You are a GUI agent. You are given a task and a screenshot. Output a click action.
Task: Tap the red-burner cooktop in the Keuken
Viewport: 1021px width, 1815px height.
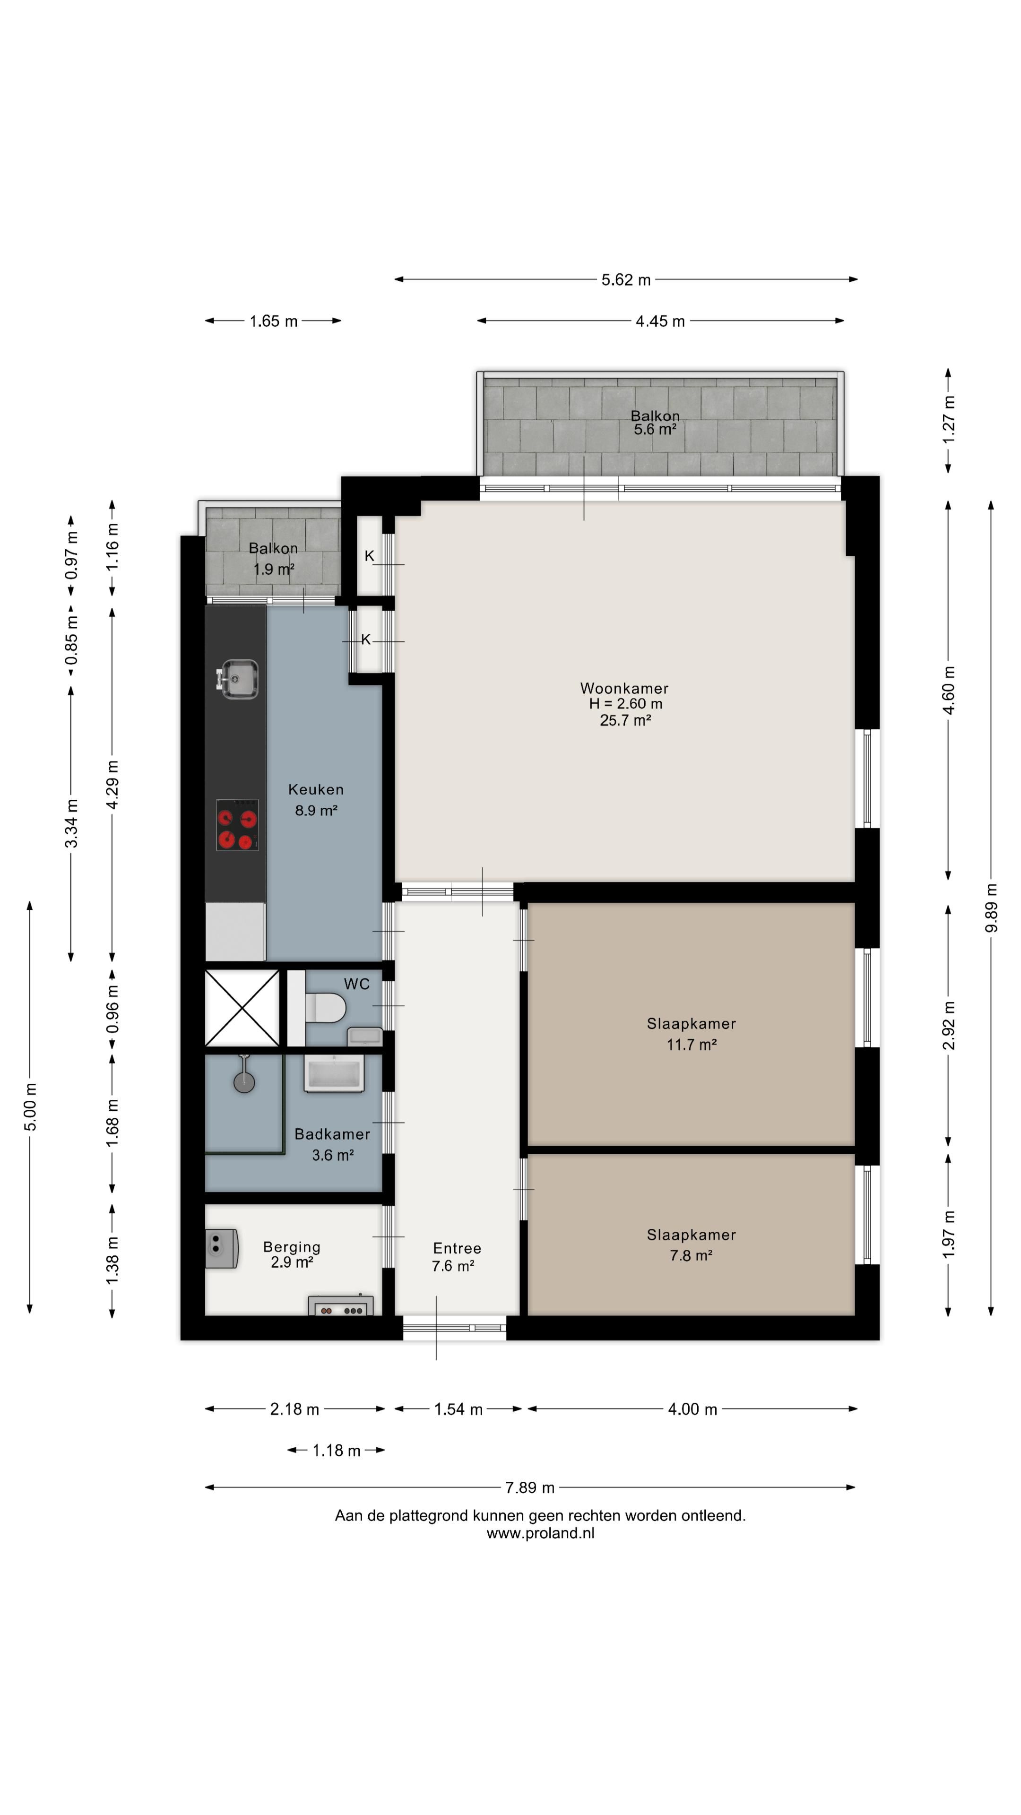pos(237,824)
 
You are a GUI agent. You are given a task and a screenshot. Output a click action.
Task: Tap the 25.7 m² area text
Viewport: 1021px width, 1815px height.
pos(625,720)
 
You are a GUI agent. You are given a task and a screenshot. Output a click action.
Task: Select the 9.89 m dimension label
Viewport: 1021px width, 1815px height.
pos(991,907)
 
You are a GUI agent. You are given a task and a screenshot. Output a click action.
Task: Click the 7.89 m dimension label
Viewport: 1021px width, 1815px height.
pos(530,1487)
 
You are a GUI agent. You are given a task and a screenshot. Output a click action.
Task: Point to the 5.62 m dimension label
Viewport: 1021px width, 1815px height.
pos(626,280)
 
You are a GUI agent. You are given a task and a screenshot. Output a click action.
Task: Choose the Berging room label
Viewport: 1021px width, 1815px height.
pos(292,1247)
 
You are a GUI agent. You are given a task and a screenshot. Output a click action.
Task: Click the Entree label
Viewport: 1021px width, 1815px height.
pos(457,1248)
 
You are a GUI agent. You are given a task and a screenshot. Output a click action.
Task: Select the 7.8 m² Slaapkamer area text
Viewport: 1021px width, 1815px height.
pos(691,1255)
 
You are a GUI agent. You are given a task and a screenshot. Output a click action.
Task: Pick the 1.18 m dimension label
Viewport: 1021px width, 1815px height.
pos(336,1450)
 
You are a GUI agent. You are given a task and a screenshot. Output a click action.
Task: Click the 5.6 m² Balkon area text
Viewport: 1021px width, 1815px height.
pos(655,429)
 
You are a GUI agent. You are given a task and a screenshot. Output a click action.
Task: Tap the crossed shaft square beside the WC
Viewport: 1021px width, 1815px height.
pos(242,1008)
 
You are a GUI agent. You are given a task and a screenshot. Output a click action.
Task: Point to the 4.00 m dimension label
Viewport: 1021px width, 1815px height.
pos(692,1409)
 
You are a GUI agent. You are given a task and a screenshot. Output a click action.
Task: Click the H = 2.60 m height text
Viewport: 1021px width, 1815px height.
pos(626,704)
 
